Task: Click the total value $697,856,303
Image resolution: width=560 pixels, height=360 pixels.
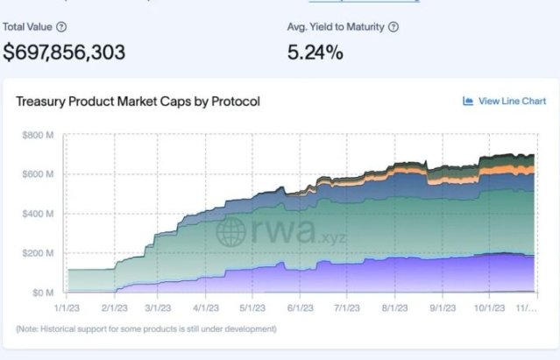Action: pos(64,52)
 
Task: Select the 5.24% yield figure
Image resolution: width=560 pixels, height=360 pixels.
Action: pos(315,52)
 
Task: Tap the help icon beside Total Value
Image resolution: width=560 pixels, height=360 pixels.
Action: pos(61,26)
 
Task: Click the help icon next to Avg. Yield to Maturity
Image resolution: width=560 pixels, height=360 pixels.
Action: pos(393,26)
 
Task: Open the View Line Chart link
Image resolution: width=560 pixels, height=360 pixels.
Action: pos(504,102)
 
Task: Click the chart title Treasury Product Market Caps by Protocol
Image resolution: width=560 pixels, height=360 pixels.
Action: pos(138,102)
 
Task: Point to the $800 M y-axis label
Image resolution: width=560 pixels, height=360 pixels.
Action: pos(38,135)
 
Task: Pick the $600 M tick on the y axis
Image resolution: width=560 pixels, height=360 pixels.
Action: pos(38,174)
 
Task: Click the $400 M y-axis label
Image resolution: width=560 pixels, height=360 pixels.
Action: pos(38,214)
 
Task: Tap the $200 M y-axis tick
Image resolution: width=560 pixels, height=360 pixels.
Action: pos(38,253)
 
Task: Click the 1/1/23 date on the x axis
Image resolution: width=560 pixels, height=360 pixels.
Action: pos(67,308)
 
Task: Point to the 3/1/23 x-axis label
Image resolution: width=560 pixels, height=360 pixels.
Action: pos(157,308)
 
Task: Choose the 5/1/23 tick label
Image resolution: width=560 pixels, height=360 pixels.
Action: pos(252,308)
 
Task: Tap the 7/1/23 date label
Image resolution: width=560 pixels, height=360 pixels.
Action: pos(346,308)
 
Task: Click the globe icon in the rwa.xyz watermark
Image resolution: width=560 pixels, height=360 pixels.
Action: pos(230,231)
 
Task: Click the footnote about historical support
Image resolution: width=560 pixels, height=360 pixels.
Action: pos(145,329)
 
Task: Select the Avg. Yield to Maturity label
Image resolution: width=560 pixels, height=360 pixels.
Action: pos(336,26)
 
